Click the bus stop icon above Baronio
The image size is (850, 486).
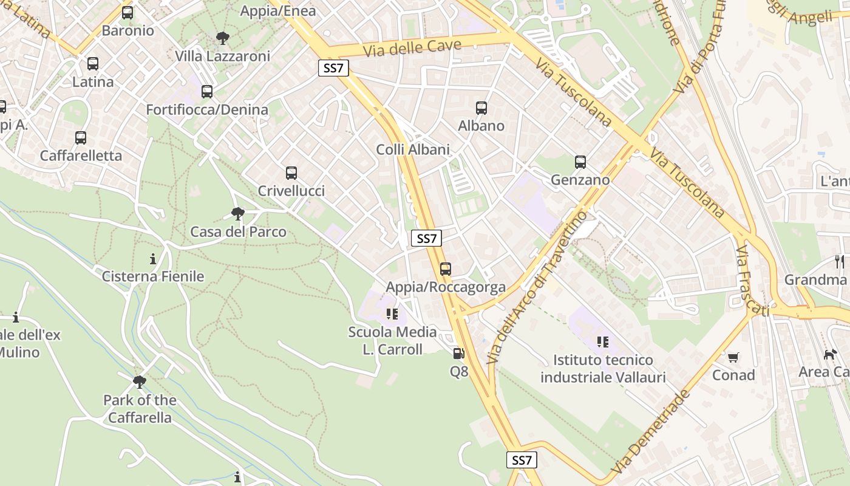(127, 13)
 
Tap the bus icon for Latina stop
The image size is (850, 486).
(93, 64)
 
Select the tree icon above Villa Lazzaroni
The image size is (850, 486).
(223, 38)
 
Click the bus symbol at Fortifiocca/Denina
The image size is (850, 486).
(207, 92)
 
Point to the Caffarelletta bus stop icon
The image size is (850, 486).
(81, 138)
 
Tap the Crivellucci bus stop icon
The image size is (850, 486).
(291, 173)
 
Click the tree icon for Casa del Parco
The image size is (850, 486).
(238, 214)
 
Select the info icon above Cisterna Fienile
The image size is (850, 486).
(153, 259)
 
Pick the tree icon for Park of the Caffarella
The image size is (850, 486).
(140, 382)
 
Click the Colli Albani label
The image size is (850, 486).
(413, 149)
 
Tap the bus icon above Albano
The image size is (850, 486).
(481, 108)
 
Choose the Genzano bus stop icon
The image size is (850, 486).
(580, 162)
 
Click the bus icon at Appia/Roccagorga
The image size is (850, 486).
(446, 269)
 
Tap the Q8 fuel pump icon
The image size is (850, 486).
(459, 354)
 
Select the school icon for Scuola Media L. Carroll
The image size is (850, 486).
(392, 314)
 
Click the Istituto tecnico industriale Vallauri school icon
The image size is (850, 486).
(602, 342)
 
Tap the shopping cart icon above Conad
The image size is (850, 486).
(733, 357)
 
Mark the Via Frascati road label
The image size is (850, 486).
(752, 281)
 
